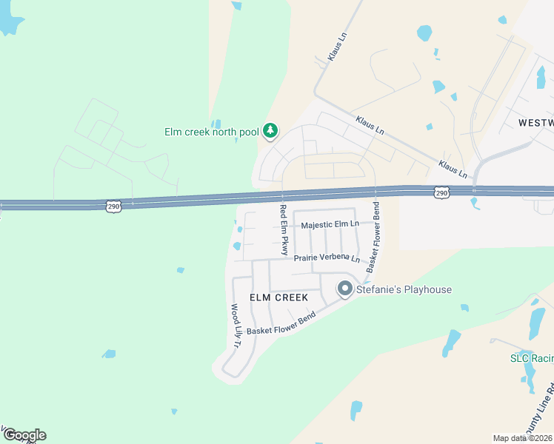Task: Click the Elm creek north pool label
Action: pos(211,132)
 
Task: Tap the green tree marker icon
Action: pos(270,131)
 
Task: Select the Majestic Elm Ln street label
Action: pos(330,224)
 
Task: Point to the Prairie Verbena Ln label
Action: pos(326,259)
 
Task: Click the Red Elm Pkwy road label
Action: pos(283,229)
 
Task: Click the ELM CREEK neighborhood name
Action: pos(278,297)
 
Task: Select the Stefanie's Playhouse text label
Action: pos(404,289)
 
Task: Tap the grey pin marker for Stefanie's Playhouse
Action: pos(345,289)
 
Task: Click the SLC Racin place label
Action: pos(531,358)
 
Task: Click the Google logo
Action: pos(24,434)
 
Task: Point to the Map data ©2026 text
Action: pos(523,438)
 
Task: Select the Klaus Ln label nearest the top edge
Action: pos(336,47)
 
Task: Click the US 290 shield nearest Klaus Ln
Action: pos(441,192)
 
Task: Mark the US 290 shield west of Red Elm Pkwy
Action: pos(112,205)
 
